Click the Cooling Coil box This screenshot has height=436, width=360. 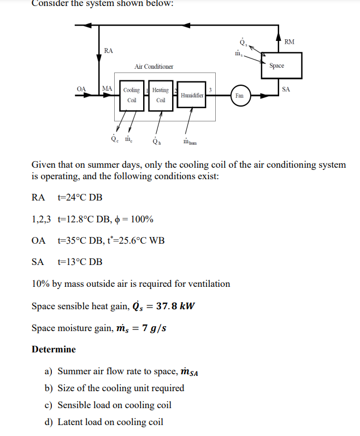click(x=132, y=95)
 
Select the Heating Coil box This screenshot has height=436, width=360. click(x=161, y=95)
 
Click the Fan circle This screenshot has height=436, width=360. click(x=239, y=95)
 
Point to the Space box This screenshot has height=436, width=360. click(x=277, y=66)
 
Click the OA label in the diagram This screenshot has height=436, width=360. click(x=81, y=89)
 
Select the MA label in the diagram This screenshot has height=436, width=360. click(x=107, y=89)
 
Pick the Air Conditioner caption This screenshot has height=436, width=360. click(x=154, y=67)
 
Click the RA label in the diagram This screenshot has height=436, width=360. click(x=108, y=51)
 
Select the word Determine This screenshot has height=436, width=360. click(x=54, y=349)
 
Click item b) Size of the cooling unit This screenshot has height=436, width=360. click(x=114, y=388)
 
